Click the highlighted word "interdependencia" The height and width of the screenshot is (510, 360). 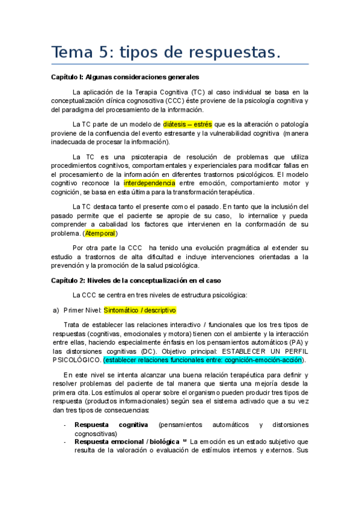(150, 183)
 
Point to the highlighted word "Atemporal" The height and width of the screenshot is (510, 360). (100, 233)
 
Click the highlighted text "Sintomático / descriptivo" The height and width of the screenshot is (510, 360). (139, 310)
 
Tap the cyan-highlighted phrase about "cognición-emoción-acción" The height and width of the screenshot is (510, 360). (204, 360)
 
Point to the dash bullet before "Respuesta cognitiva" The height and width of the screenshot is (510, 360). (65, 425)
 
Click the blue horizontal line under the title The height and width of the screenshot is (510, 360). (180, 64)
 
